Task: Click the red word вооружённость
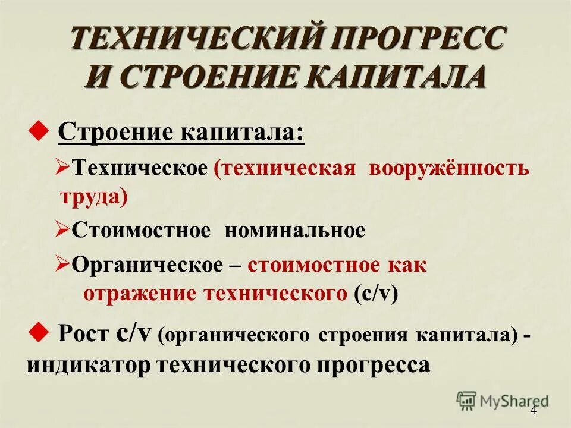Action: (448, 168)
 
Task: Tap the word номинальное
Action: (295, 230)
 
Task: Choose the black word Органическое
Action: (146, 265)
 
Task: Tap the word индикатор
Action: (89, 364)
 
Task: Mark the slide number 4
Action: (533, 411)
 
